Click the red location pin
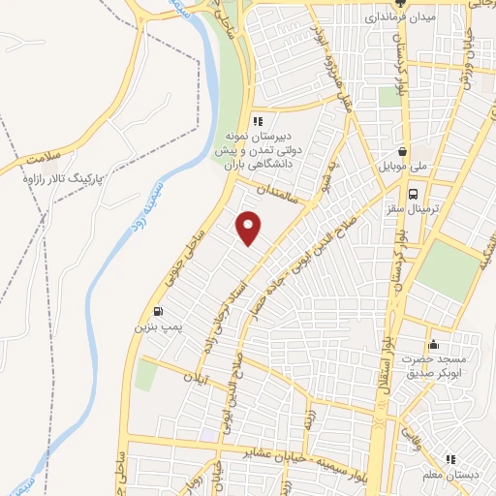pyautogui.click(x=250, y=227)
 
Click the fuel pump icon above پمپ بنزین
pyautogui.click(x=158, y=313)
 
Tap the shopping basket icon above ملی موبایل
pyautogui.click(x=401, y=151)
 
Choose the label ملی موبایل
pyautogui.click(x=405, y=168)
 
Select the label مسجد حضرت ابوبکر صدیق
pyautogui.click(x=434, y=365)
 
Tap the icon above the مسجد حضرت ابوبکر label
pyautogui.click(x=433, y=344)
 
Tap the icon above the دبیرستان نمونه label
pyautogui.click(x=257, y=121)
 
